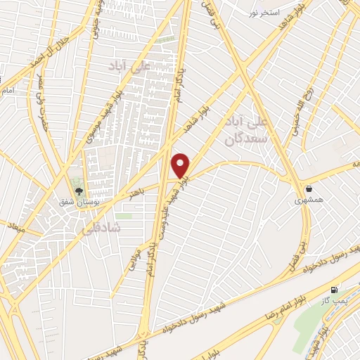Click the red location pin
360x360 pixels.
coord(181,165)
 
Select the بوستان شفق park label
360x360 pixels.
coord(79,202)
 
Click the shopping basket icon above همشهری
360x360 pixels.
coord(309,188)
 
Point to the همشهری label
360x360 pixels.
coord(309,200)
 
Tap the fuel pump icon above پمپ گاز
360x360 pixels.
coord(333,290)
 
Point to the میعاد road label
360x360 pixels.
coord(14,226)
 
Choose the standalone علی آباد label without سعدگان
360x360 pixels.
coord(127,66)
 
